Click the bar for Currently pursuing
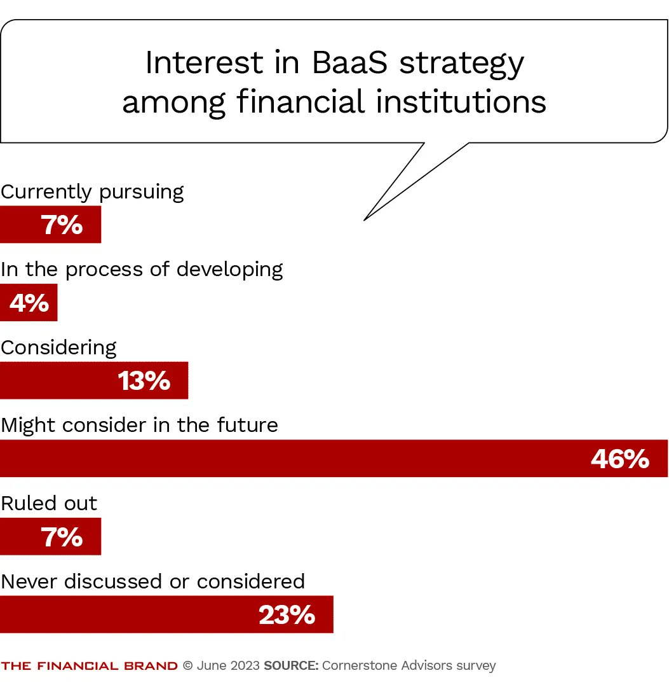(50, 225)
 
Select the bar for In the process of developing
(29, 303)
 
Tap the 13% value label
(144, 381)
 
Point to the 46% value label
(619, 459)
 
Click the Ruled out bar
(50, 536)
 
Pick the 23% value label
(287, 615)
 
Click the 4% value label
(29, 303)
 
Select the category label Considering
(58, 347)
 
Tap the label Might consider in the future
(139, 425)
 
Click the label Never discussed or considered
(152, 581)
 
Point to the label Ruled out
(49, 503)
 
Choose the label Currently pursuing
(92, 191)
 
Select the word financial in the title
(302, 102)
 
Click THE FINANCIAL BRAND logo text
(89, 666)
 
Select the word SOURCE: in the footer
(291, 666)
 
